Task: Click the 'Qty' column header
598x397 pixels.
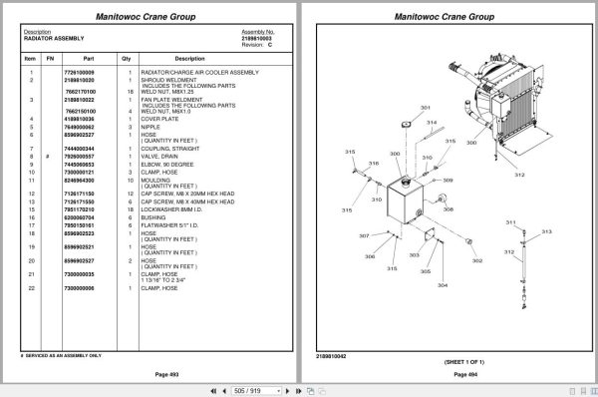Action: pos(127,58)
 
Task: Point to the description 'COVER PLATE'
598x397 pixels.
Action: pos(162,120)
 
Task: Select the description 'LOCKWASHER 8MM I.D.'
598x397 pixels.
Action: pos(176,209)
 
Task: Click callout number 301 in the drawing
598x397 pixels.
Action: pos(425,108)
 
